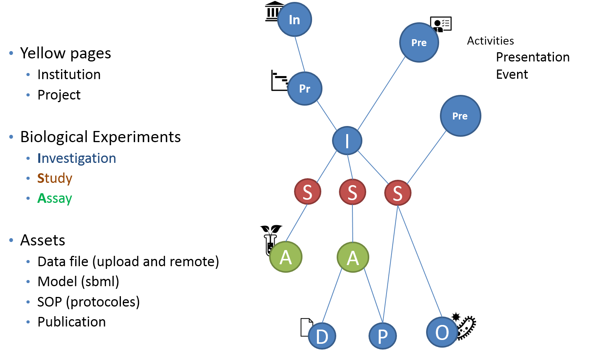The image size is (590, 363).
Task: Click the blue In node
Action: click(294, 20)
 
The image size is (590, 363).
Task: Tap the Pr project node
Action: click(305, 89)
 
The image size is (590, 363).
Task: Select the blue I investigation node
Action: click(347, 141)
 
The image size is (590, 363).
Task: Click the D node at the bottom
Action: click(322, 336)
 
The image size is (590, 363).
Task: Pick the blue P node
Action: click(383, 336)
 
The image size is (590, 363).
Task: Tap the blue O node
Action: click(442, 332)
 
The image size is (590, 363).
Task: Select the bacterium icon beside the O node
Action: click(466, 327)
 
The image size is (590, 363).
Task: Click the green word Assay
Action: click(55, 199)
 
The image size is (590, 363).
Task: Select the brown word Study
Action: click(55, 179)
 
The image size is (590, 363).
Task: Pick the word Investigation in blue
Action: click(77, 158)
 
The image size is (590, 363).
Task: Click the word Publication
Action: click(72, 322)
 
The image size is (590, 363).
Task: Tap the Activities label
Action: click(491, 41)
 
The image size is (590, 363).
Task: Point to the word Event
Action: click(512, 75)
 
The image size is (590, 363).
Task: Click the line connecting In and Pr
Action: click(300, 54)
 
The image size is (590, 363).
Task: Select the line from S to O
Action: click(420, 261)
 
